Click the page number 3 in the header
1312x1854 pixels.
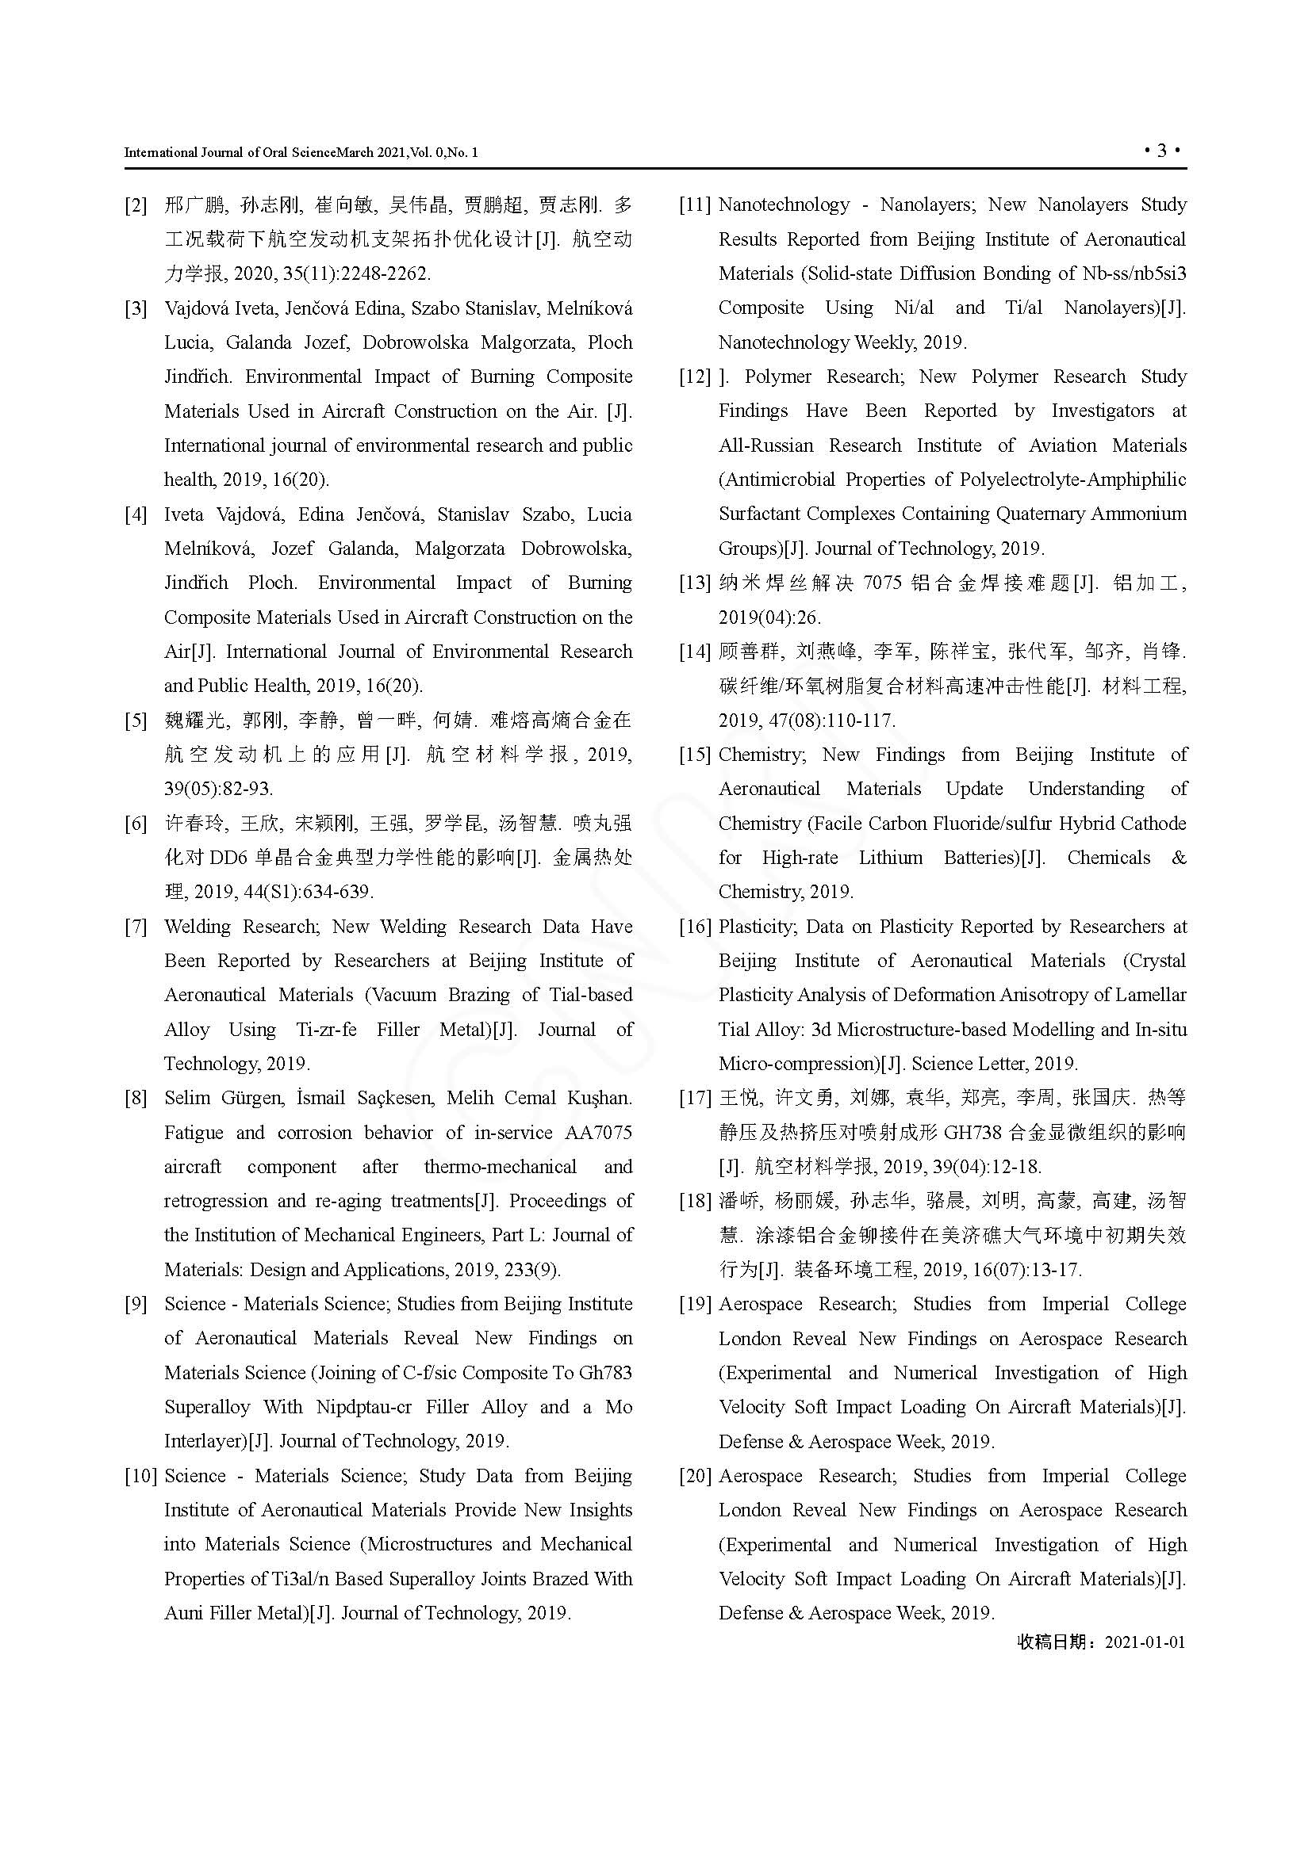[1163, 151]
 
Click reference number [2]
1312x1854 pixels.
[136, 205]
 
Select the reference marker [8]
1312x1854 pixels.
[136, 1098]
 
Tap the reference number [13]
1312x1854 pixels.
[695, 583]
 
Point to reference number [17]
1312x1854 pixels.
[695, 1098]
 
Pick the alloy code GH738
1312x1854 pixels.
[969, 1133]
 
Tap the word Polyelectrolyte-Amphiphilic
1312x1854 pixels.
[1073, 480]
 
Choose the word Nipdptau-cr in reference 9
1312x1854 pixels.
[363, 1408]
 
